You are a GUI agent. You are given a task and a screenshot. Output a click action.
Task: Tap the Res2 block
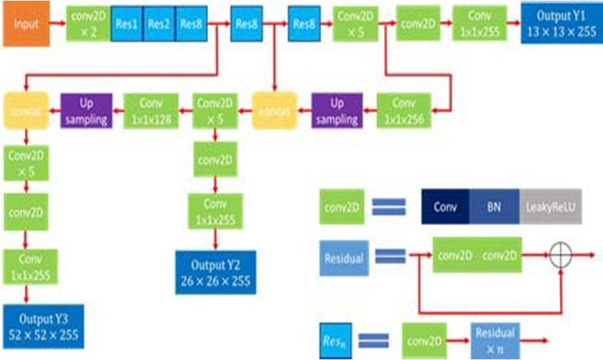pyautogui.click(x=159, y=24)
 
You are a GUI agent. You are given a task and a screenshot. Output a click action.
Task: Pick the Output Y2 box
pyautogui.click(x=215, y=271)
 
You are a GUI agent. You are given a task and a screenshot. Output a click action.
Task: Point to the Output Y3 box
pyautogui.click(x=43, y=326)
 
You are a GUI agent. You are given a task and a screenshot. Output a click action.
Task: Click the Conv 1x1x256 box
pyautogui.click(x=404, y=111)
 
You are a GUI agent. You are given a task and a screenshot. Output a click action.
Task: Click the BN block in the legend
pyautogui.click(x=493, y=206)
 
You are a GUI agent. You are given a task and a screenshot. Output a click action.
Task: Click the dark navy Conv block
pyautogui.click(x=445, y=206)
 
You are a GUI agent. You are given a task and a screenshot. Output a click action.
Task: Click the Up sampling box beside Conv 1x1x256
pyautogui.click(x=336, y=111)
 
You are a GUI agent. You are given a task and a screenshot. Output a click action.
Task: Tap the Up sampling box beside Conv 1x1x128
pyautogui.click(x=86, y=111)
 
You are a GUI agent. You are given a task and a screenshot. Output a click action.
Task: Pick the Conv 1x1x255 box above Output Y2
pyautogui.click(x=214, y=211)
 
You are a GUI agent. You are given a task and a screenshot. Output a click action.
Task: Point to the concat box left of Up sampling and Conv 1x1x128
pyautogui.click(x=26, y=111)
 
